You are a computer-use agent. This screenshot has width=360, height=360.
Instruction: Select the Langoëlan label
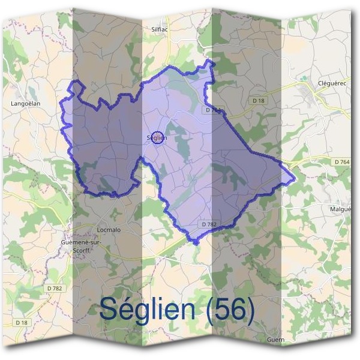point(26,103)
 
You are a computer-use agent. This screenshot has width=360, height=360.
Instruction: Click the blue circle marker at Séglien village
point(157,138)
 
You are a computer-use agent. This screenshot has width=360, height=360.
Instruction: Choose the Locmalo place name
point(109,230)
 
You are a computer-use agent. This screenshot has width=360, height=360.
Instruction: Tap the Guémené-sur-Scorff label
point(81,245)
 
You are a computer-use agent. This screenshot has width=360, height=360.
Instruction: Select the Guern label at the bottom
point(277,340)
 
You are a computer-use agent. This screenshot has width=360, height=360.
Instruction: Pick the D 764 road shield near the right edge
point(340,161)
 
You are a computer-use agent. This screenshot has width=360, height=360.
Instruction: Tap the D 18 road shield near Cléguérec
point(258,101)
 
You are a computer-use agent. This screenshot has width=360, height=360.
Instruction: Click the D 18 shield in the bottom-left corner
point(22,322)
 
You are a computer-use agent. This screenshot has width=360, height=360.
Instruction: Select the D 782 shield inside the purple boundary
point(209,224)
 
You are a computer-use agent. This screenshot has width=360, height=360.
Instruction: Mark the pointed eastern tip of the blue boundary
point(294,178)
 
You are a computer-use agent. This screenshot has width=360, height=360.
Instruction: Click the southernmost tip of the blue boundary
point(195,242)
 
